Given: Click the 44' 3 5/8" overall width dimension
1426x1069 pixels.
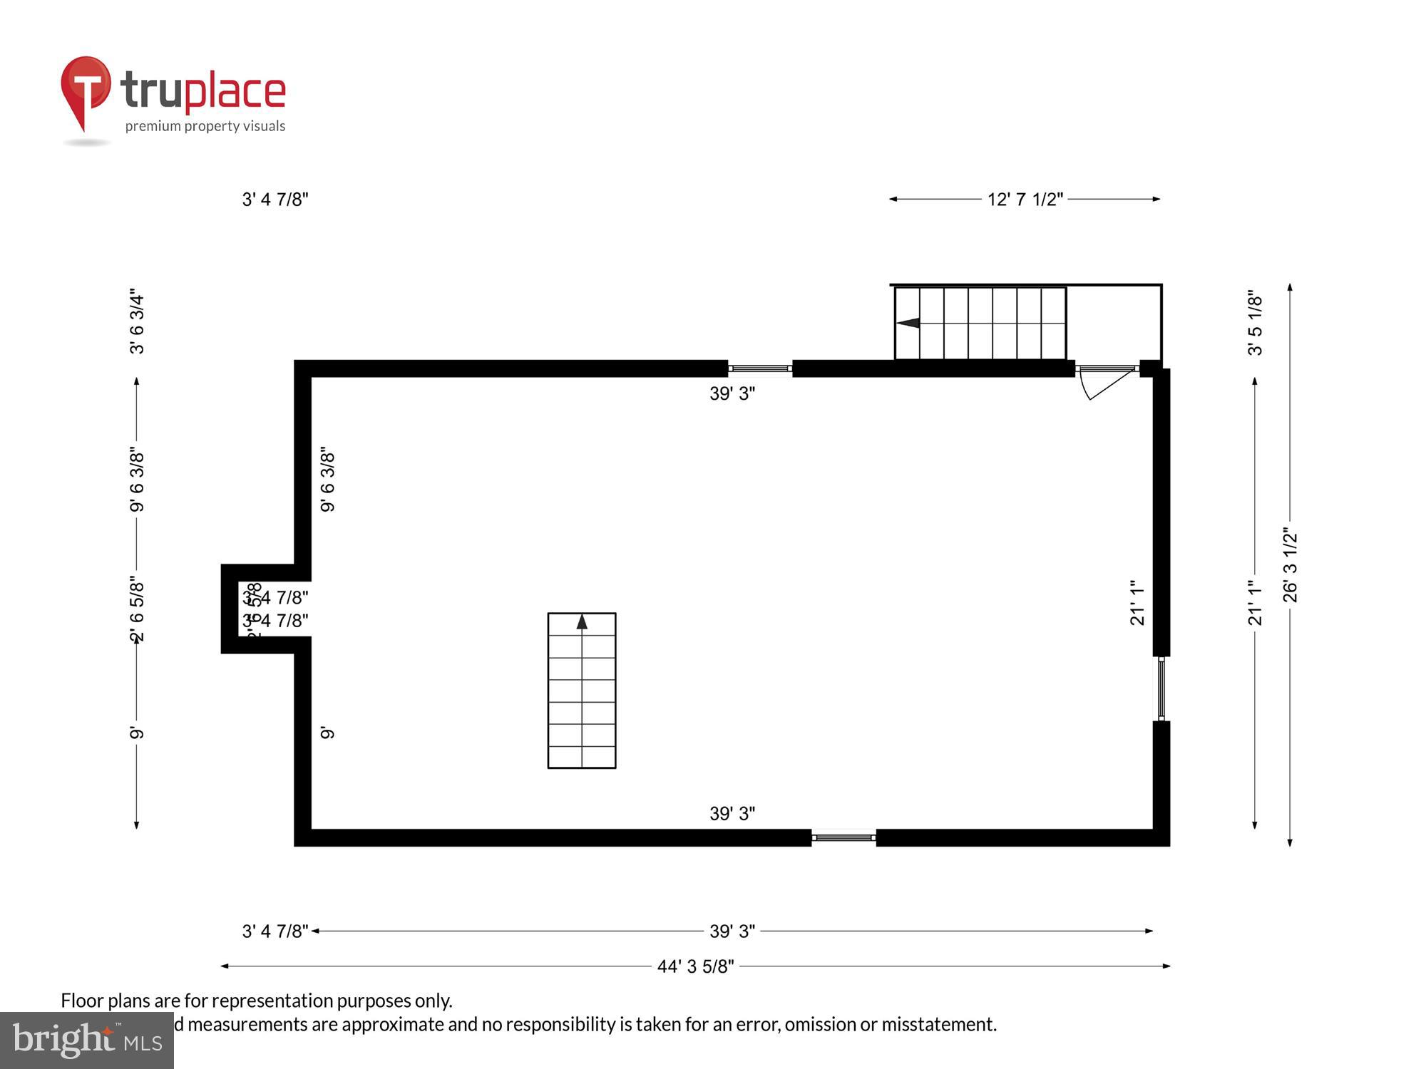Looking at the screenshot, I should [695, 966].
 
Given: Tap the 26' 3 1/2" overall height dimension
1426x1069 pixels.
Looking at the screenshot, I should [1291, 565].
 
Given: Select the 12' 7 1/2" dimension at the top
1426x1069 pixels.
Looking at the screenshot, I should [1025, 200].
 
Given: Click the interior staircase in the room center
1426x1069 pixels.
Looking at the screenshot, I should [582, 691].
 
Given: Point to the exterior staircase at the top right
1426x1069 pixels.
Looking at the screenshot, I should [980, 323].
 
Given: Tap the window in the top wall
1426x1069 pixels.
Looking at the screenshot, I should [760, 368].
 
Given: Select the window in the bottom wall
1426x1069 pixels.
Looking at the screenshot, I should [843, 837].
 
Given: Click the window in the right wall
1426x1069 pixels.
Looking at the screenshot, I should [1161, 688].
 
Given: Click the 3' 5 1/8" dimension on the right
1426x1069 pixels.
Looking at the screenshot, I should [1255, 322].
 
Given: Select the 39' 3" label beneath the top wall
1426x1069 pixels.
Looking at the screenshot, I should [732, 393].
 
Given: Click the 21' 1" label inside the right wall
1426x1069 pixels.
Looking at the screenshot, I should [1137, 602].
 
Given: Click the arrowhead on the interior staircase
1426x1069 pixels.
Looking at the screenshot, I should [582, 622].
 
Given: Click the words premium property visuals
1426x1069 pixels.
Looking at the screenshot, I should [205, 126].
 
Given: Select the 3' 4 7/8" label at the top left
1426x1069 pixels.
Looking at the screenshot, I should [275, 200].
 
